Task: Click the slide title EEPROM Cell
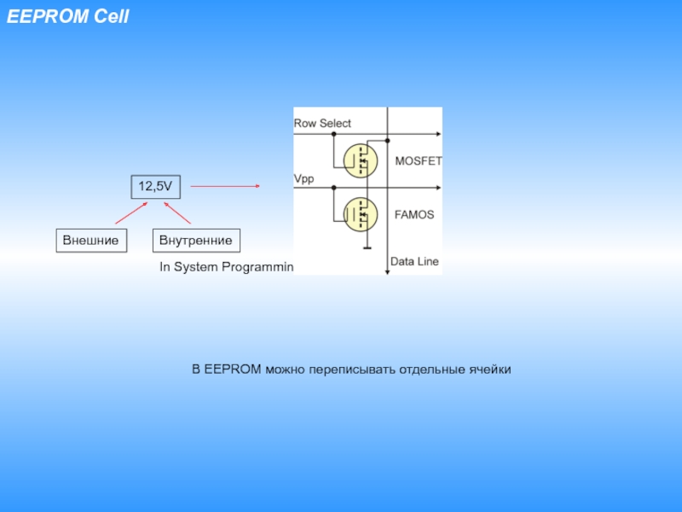click(x=68, y=16)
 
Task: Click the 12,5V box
click(x=156, y=186)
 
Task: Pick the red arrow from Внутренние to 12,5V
click(x=177, y=212)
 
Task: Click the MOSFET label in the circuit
click(x=418, y=160)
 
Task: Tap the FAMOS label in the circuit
click(x=414, y=215)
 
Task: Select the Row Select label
click(x=322, y=124)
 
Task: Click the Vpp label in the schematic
click(x=304, y=179)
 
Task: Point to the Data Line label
click(x=414, y=261)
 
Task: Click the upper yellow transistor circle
click(x=360, y=160)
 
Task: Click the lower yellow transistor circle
click(x=360, y=214)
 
